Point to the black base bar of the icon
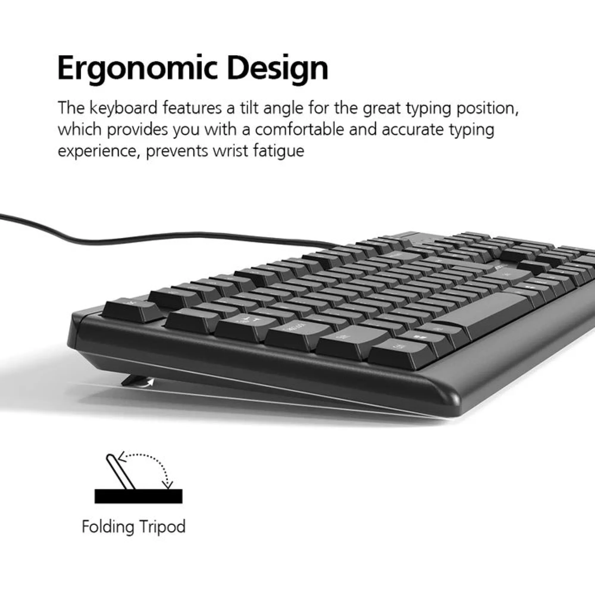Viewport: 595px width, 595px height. pos(138,496)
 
